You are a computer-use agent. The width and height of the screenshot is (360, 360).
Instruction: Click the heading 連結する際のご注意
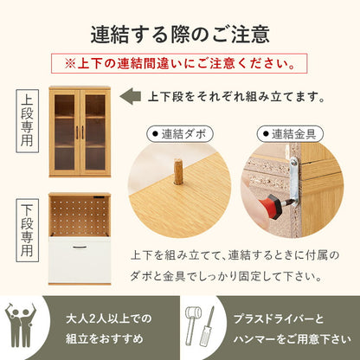(x=180, y=35)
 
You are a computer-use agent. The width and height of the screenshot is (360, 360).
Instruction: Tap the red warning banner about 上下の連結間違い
(x=179, y=64)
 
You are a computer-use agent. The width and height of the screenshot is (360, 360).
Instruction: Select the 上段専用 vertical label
(x=29, y=127)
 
